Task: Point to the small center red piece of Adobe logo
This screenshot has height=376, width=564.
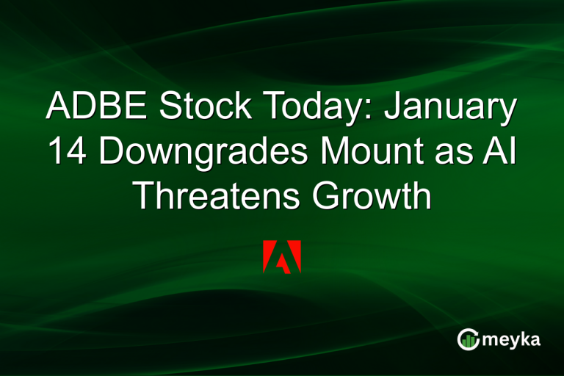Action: [x=282, y=262]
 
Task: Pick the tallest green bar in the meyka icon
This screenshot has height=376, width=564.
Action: [x=471, y=338]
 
